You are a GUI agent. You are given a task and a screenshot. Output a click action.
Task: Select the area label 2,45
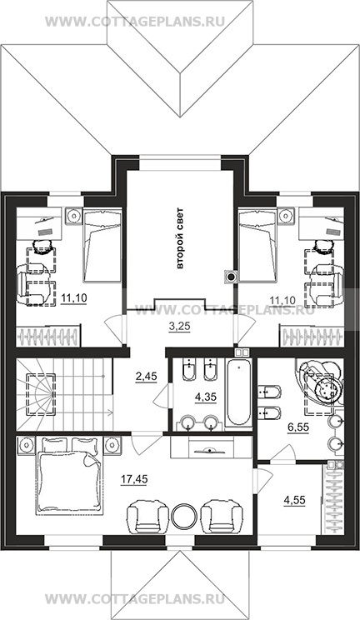point(146,377)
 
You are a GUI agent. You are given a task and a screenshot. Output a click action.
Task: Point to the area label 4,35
point(206,396)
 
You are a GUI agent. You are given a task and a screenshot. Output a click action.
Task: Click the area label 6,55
point(297,427)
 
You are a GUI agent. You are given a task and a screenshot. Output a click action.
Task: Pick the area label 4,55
point(295,500)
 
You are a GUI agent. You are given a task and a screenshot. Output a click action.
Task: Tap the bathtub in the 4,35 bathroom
point(238,393)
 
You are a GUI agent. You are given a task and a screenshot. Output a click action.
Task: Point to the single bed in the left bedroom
point(102,246)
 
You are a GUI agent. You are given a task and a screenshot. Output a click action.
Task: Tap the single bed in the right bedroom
point(257,246)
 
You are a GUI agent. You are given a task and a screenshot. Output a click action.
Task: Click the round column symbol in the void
point(230,277)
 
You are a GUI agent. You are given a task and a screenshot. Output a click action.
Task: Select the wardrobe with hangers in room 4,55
point(333,497)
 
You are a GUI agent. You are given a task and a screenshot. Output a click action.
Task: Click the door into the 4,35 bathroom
point(162,395)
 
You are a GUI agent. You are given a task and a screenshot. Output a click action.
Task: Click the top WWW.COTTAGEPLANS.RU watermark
point(135,22)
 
